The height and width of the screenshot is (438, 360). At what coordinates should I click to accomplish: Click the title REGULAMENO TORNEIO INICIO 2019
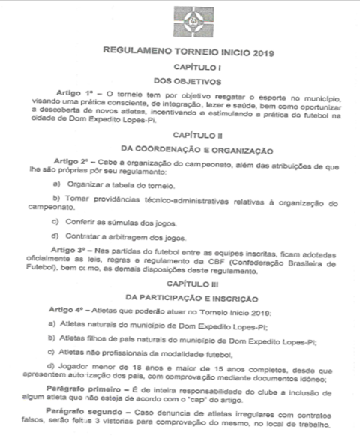pos(183,53)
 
